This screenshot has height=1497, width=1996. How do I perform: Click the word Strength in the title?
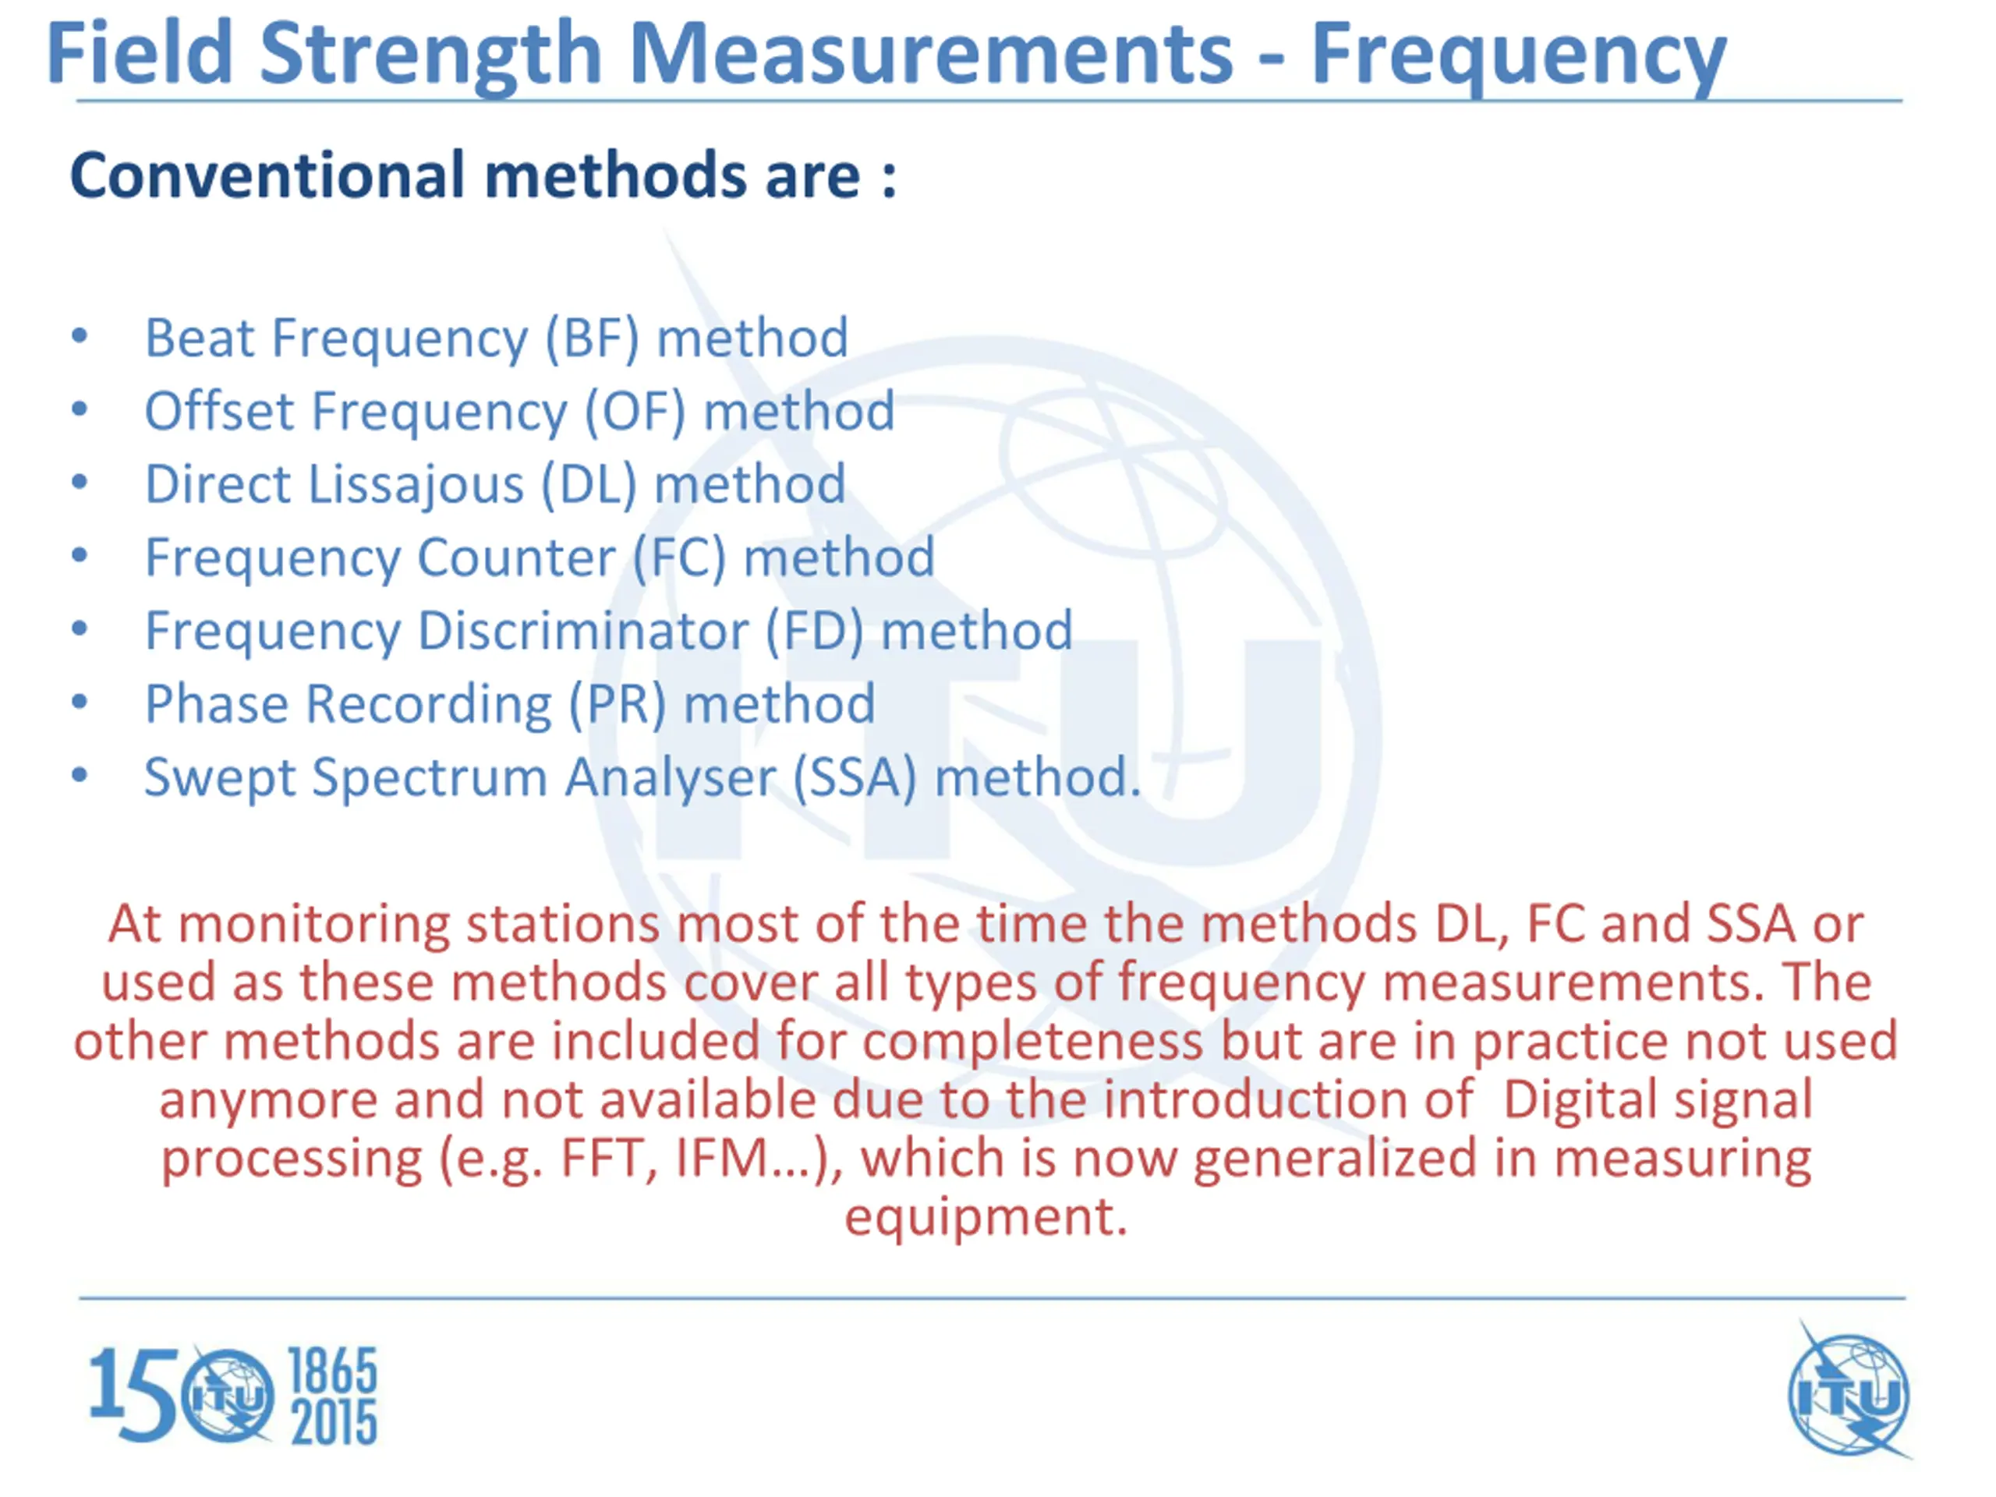pos(430,56)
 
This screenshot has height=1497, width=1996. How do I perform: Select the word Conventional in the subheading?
pos(268,175)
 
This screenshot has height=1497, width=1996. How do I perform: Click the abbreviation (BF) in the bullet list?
pos(592,338)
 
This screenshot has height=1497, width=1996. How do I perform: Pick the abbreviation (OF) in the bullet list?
pos(635,412)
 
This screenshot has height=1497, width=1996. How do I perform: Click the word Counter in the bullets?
pos(516,557)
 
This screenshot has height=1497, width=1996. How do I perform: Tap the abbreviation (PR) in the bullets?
pos(618,704)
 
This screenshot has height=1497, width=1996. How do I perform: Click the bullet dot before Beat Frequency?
pos(80,337)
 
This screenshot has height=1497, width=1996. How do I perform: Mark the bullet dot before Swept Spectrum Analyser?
pos(80,775)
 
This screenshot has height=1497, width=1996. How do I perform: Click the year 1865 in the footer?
pos(332,1371)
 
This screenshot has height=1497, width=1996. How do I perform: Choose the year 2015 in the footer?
pos(333,1423)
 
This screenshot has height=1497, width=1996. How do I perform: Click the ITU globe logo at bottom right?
pos(1850,1394)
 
